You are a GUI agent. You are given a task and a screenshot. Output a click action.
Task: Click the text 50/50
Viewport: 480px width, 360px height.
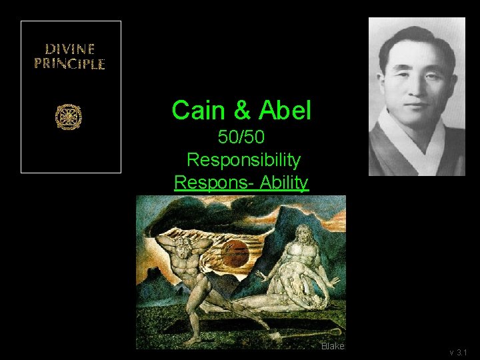pos(242,138)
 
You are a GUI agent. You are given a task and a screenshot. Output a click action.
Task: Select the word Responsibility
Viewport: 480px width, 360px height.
pos(243,160)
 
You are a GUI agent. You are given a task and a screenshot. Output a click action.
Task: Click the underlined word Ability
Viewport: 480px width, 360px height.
pos(284,182)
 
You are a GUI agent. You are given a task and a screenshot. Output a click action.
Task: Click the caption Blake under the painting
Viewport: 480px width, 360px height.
pos(331,347)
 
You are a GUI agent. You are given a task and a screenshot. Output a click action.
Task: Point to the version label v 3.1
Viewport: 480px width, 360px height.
pos(459,352)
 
